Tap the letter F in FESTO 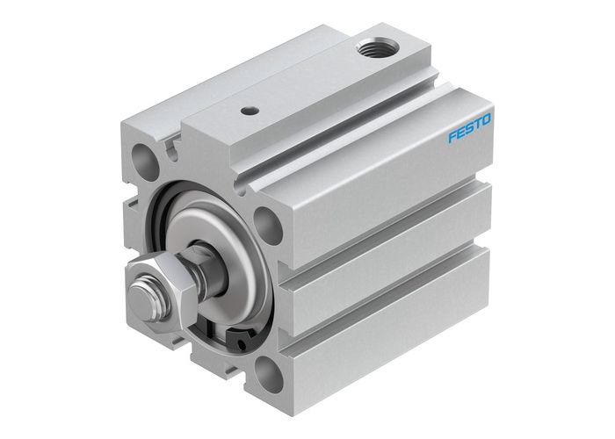[x=452, y=136]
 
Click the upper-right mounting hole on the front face [x=268, y=223]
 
